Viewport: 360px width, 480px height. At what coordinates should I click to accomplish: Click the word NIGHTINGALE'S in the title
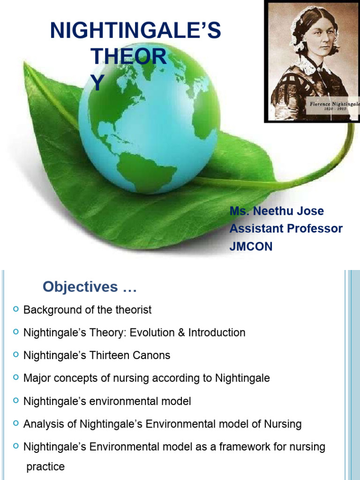click(x=135, y=31)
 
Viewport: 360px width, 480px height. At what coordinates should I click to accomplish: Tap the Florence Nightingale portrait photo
click(x=312, y=61)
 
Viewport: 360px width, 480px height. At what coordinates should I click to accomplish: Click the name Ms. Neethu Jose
click(x=277, y=211)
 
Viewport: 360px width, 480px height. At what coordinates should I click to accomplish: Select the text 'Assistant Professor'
click(x=286, y=229)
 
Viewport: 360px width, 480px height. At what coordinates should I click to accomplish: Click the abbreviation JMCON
click(x=251, y=247)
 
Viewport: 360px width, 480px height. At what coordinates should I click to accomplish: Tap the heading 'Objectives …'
click(x=90, y=287)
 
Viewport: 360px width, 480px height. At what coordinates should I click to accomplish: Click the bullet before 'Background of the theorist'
click(x=16, y=309)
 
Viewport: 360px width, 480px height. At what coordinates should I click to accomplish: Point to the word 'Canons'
click(x=154, y=355)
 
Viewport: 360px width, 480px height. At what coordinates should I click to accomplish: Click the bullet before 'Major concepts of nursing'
click(x=16, y=377)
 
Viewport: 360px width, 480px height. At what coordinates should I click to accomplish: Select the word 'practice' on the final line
click(x=45, y=467)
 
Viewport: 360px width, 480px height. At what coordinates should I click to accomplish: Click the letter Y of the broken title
click(x=97, y=83)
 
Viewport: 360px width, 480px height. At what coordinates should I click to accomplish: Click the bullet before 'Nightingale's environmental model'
click(x=16, y=401)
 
